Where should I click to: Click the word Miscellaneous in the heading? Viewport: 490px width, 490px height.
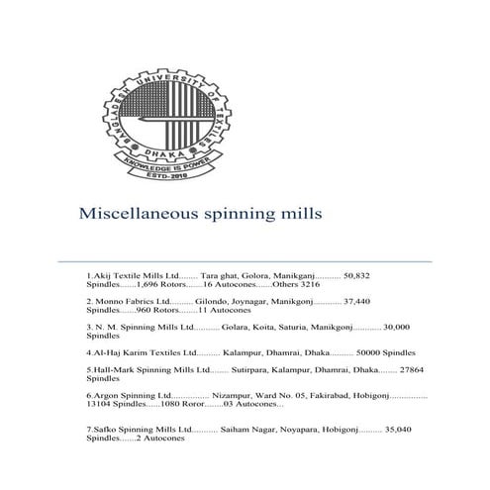coord(134,213)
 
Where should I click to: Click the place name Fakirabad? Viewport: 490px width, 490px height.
coord(318,395)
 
